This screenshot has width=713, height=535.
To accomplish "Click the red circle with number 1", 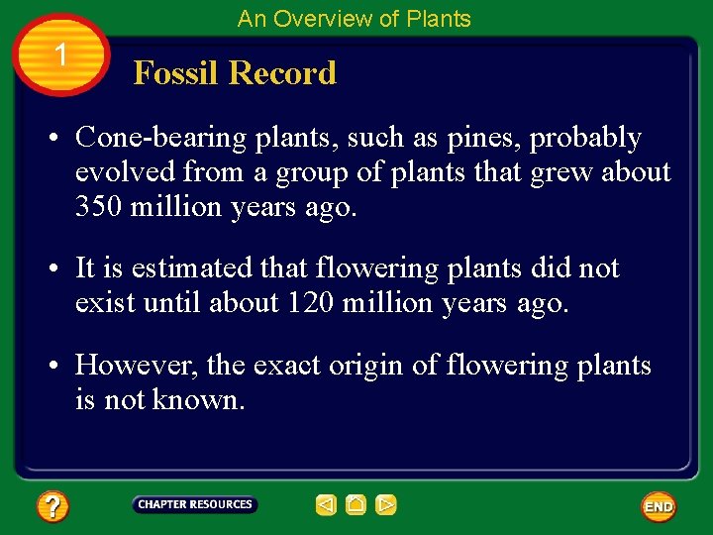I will (61, 54).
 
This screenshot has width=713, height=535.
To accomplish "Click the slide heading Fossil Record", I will (235, 73).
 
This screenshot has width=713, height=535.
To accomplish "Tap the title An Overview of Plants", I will (354, 19).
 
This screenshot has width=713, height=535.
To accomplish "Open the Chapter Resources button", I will (195, 505).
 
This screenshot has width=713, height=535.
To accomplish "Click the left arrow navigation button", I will (326, 505).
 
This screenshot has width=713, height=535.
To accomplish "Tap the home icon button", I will (356, 505).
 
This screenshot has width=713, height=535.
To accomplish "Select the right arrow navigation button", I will (386, 505).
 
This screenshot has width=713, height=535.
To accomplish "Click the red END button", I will (659, 506).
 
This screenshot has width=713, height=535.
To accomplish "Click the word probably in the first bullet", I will (585, 138).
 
